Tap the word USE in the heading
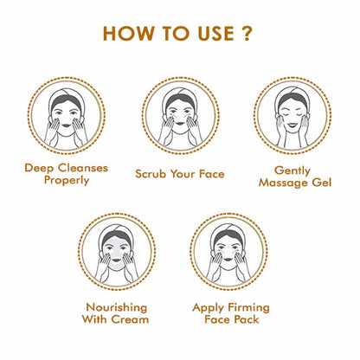[x=216, y=35]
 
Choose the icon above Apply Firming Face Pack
[x=231, y=254]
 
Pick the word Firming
[x=245, y=307]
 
